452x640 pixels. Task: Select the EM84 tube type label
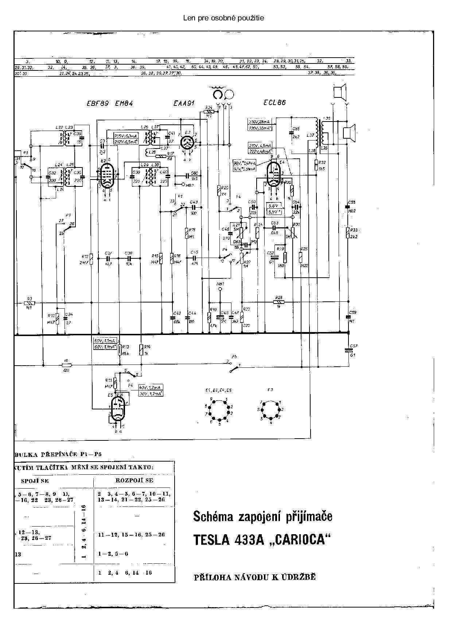(x=124, y=104)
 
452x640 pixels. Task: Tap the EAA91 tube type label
(x=184, y=104)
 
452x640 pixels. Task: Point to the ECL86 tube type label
(x=274, y=103)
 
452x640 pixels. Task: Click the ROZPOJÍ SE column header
(x=134, y=480)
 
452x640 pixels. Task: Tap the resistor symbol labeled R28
(x=279, y=302)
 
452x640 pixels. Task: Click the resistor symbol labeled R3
(x=29, y=302)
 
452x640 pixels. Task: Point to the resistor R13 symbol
(x=119, y=350)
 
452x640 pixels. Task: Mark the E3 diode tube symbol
(x=188, y=142)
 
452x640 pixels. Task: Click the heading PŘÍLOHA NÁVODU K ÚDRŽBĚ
(x=255, y=577)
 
